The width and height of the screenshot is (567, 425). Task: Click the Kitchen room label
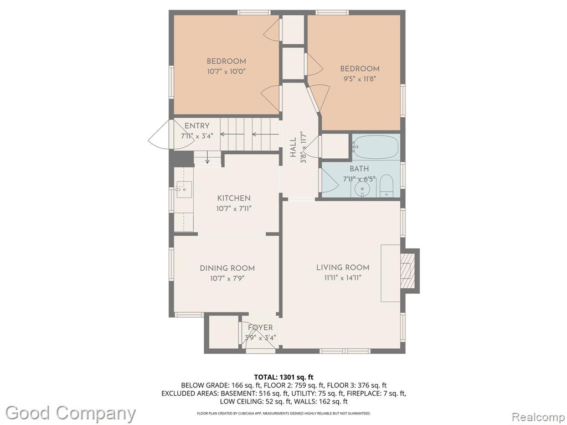(x=234, y=198)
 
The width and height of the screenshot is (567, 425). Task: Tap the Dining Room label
(x=227, y=268)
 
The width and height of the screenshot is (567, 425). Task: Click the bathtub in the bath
(x=376, y=147)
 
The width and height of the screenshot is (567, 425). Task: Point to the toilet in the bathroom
(x=386, y=186)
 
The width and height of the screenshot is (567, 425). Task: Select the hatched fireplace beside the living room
(x=408, y=270)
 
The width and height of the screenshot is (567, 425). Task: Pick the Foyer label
(x=260, y=328)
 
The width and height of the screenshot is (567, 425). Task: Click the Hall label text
(x=293, y=147)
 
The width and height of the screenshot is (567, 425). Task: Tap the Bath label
(x=359, y=169)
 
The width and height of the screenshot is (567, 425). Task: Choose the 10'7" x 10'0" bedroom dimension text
(x=226, y=71)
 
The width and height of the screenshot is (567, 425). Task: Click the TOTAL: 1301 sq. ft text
(x=283, y=377)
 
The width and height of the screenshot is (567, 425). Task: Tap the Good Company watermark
(x=70, y=413)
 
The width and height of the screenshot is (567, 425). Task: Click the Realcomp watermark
(x=538, y=417)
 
